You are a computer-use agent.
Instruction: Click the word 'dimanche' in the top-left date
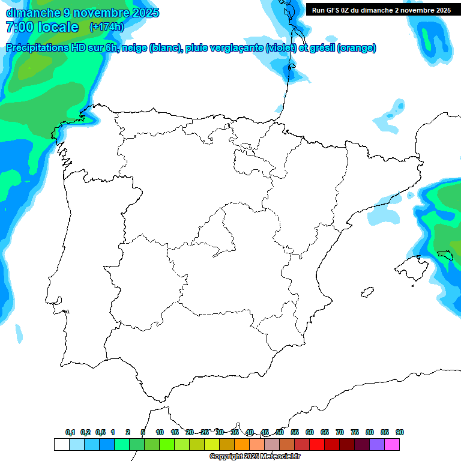(31, 13)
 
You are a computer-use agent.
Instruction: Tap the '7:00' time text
(20, 27)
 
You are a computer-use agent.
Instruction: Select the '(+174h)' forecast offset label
(106, 26)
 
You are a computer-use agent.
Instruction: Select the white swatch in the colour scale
(61, 444)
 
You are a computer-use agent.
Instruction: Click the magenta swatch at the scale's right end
(391, 444)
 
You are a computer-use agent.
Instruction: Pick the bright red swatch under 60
(316, 444)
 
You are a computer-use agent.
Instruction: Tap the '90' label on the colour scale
(400, 432)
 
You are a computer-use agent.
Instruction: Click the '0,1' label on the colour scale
(70, 432)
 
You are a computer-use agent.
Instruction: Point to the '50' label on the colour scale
(280, 432)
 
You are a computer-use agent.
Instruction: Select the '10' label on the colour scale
(160, 432)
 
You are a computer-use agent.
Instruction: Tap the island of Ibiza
(366, 292)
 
